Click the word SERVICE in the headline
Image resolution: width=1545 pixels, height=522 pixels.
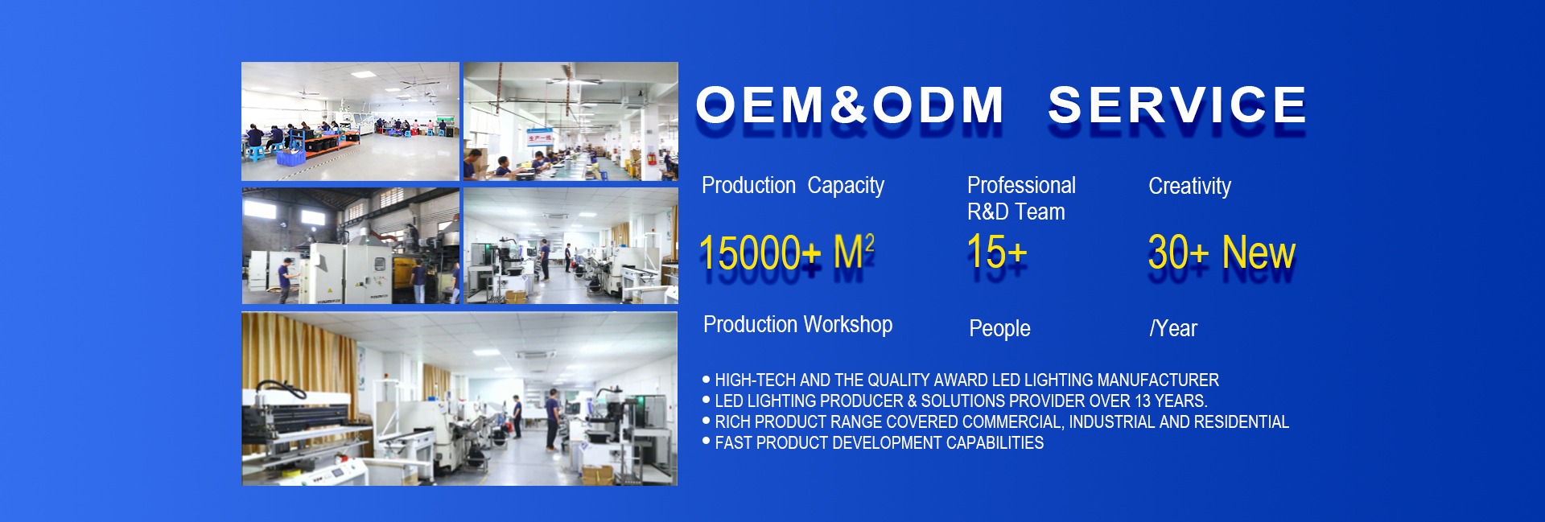(x=1177, y=105)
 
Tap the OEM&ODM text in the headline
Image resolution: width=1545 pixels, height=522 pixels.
(x=850, y=105)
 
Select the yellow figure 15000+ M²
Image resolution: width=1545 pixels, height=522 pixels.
(x=786, y=253)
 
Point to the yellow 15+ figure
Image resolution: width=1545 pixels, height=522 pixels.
(x=997, y=252)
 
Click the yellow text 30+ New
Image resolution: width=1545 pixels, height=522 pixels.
(x=1222, y=253)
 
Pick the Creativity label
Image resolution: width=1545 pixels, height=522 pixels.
(x=1189, y=186)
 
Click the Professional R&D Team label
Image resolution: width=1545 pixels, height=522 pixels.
(x=1021, y=198)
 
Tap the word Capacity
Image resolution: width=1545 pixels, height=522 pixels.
(x=846, y=186)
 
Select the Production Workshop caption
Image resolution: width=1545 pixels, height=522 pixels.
(x=797, y=324)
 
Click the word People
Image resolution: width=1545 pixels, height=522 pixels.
(x=999, y=328)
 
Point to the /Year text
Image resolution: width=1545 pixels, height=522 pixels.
(x=1173, y=328)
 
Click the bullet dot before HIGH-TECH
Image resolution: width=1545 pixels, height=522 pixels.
(x=707, y=379)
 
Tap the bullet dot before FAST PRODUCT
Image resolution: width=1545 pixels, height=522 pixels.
(x=707, y=442)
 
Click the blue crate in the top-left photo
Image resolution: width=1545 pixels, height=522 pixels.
(x=290, y=157)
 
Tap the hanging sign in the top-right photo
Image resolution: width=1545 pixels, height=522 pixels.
(x=539, y=138)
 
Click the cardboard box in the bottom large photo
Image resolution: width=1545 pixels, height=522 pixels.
(x=597, y=475)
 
